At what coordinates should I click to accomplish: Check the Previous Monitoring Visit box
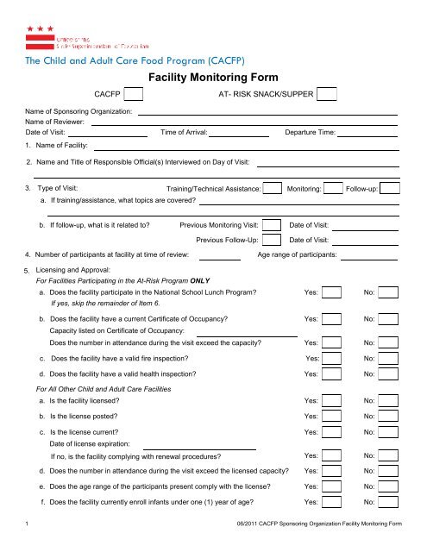271,225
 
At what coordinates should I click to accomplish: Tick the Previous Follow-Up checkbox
271,241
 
